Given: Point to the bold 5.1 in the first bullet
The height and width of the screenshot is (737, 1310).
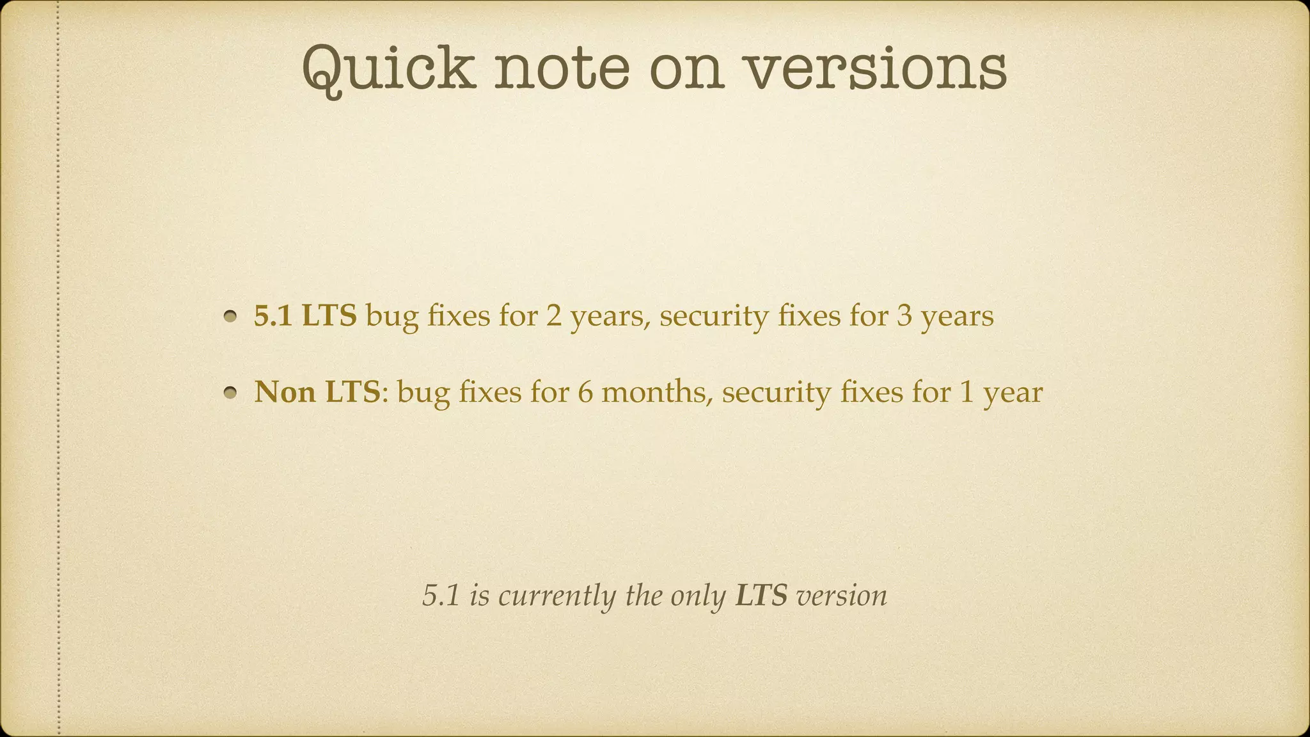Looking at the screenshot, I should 273,315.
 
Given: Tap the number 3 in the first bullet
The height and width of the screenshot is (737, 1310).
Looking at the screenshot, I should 904,315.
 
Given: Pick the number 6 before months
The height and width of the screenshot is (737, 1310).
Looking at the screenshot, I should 585,392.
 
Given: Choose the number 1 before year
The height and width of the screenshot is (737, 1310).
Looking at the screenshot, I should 967,392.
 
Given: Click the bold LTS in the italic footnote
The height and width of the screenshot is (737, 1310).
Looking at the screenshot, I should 761,596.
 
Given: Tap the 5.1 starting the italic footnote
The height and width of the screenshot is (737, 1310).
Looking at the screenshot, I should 441,596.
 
